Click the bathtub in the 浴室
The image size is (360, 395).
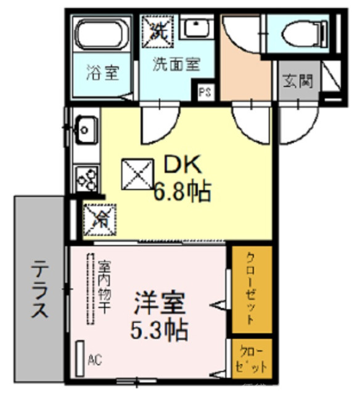(102, 35)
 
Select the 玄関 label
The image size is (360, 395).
(298, 81)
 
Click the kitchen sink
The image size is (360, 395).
(86, 129)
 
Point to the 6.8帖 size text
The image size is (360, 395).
(181, 193)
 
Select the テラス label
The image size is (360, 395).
(40, 290)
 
